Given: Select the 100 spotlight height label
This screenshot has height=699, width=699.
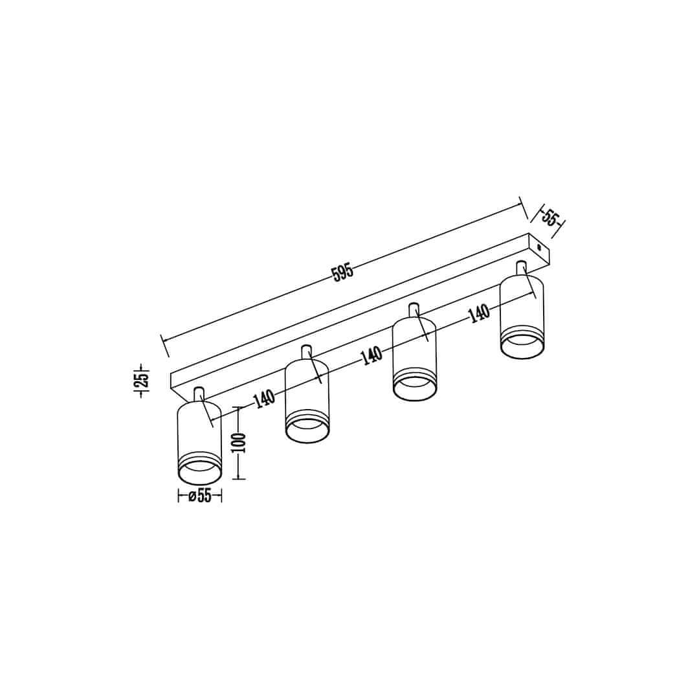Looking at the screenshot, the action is pyautogui.click(x=239, y=443).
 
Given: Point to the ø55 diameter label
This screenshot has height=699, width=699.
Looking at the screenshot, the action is pyautogui.click(x=200, y=496).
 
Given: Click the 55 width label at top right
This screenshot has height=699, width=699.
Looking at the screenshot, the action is pyautogui.click(x=550, y=217).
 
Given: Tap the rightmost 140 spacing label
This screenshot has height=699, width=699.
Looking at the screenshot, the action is pyautogui.click(x=479, y=313).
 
